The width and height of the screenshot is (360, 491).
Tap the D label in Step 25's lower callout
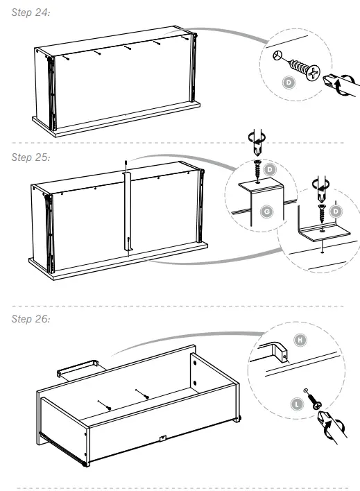tap(335, 209)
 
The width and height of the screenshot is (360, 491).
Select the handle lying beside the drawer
tap(77, 367)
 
